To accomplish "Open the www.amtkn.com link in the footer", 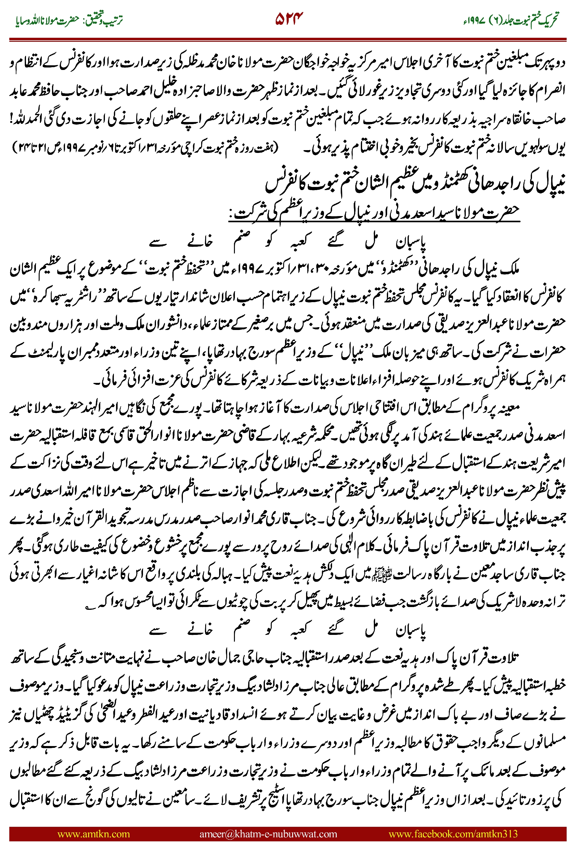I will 93,834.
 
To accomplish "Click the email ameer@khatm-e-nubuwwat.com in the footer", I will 268,834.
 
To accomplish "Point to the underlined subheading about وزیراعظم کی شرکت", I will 374,212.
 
